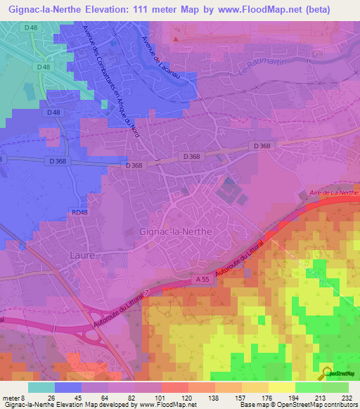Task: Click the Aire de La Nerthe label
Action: [x=334, y=193]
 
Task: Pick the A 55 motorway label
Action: [x=202, y=279]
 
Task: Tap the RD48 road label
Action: [x=79, y=212]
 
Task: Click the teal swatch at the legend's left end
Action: [x=41, y=387]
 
